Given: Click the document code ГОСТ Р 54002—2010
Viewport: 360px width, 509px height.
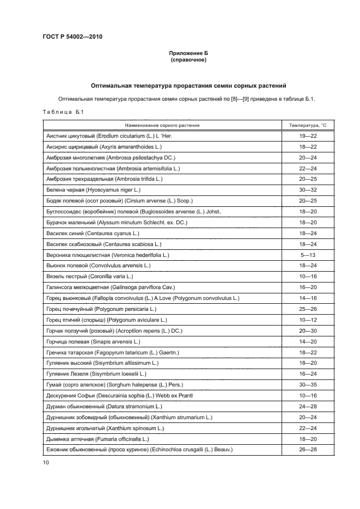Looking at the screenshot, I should [72, 37].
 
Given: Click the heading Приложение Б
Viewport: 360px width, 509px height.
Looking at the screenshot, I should [188, 53].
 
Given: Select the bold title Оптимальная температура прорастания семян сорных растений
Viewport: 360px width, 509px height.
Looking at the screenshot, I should [188, 86].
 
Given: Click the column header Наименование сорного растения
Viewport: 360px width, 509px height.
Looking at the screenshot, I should [162, 125].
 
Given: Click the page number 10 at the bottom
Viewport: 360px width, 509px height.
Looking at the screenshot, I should [46, 462].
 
